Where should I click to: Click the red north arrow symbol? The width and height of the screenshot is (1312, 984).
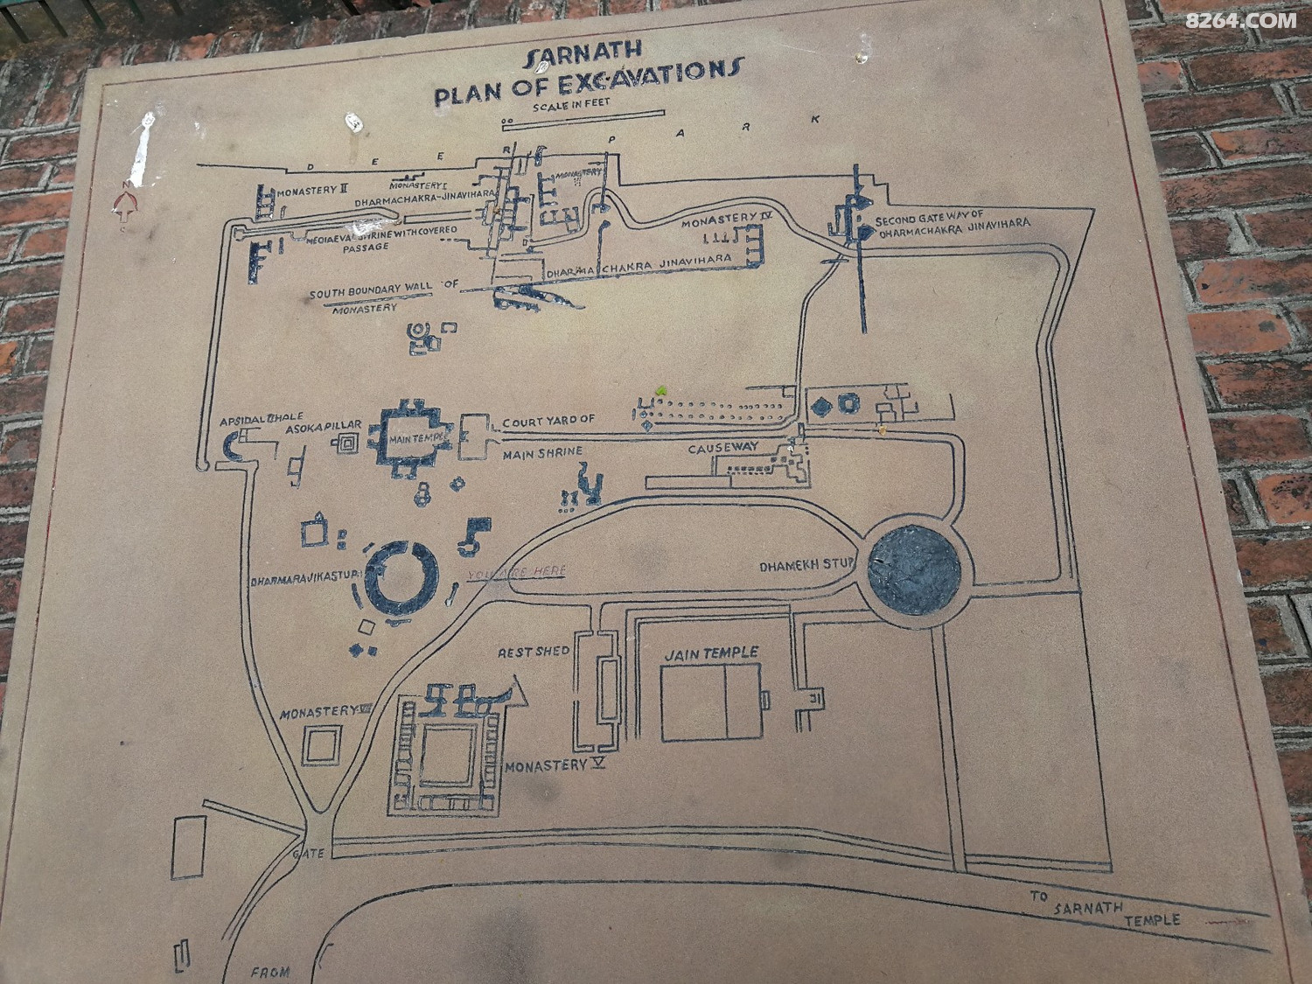[126, 206]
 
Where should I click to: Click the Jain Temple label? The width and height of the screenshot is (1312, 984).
[710, 653]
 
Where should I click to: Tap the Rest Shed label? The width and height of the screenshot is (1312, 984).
[534, 652]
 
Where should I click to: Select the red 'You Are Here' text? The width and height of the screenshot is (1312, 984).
[517, 573]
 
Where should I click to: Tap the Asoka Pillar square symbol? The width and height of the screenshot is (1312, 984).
[347, 443]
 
